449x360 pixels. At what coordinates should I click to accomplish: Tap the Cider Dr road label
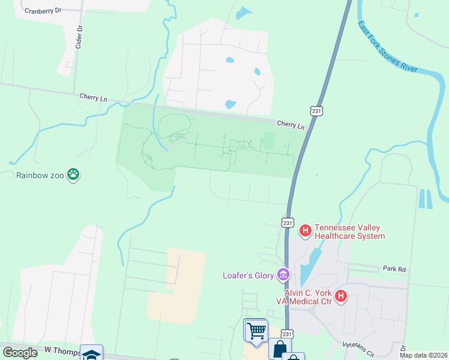pyautogui.click(x=78, y=37)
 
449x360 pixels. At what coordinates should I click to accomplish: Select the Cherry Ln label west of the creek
pyautogui.click(x=93, y=97)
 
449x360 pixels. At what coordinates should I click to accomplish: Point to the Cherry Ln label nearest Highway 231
pyautogui.click(x=291, y=125)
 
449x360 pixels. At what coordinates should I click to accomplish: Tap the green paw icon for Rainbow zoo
pyautogui.click(x=73, y=175)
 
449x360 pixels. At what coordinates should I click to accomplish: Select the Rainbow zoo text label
pyautogui.click(x=40, y=175)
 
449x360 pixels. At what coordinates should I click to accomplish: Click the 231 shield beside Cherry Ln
pyautogui.click(x=317, y=111)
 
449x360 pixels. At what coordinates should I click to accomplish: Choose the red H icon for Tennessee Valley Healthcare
pyautogui.click(x=305, y=229)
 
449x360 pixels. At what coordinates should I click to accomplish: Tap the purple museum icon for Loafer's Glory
pyautogui.click(x=283, y=275)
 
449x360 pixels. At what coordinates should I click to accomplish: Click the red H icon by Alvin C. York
pyautogui.click(x=341, y=296)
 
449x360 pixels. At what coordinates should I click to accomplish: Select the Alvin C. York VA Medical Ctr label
pyautogui.click(x=309, y=296)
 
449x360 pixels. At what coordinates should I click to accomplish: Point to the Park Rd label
pyautogui.click(x=394, y=270)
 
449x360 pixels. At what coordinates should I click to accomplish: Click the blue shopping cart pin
pyautogui.click(x=256, y=330)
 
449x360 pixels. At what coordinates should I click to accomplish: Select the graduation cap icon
pyautogui.click(x=91, y=354)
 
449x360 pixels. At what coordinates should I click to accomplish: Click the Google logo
pyautogui.click(x=20, y=353)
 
